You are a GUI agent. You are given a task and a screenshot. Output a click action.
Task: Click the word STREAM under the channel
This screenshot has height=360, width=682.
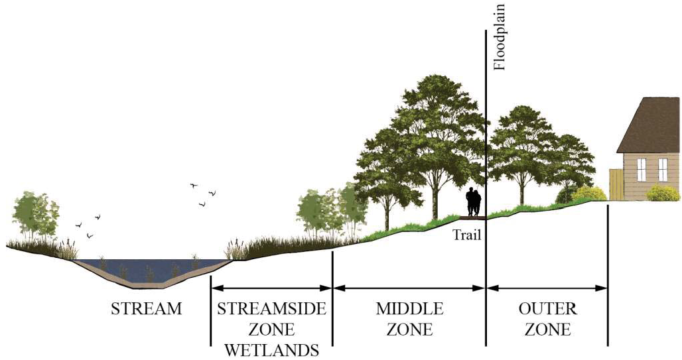coord(146,308)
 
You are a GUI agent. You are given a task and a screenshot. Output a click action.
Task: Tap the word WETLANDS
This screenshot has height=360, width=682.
coord(270,349)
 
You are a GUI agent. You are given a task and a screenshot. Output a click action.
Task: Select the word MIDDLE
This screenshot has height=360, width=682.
coord(409,308)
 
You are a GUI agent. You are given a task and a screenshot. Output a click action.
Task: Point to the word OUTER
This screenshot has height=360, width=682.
coord(548,308)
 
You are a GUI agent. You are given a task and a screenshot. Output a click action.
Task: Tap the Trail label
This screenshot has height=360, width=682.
coord(467,234)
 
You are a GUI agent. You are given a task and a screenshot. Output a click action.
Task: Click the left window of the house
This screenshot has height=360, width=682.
coord(642,170)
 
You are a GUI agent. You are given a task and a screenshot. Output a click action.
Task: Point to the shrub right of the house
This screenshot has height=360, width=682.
coord(663,193)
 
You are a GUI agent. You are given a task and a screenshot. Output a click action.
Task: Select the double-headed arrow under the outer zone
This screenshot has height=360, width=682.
coord(547,288)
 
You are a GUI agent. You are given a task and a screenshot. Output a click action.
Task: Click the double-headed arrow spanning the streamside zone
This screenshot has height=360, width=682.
coord(271,288)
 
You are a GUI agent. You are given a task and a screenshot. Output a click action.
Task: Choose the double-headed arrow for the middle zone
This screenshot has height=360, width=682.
coord(409,288)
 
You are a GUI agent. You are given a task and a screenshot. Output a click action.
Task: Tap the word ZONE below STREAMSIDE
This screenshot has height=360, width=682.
coord(270,329)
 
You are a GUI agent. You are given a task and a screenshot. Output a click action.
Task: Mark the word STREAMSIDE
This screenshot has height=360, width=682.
coord(270,308)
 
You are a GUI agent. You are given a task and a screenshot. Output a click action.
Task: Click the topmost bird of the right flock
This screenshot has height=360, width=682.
coord(194,186)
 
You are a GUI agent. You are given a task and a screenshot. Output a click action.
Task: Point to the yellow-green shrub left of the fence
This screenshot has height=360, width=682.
coord(589,194)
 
